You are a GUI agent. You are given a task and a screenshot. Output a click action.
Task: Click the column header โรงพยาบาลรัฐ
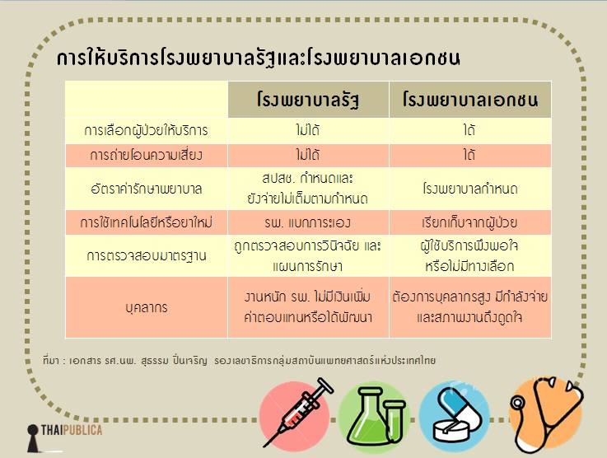[x=308, y=100]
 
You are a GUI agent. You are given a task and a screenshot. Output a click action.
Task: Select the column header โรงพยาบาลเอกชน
[x=470, y=100]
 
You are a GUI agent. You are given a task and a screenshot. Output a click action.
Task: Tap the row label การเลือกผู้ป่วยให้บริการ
[x=146, y=130]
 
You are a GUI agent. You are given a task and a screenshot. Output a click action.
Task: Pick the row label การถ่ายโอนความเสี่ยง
[x=146, y=155]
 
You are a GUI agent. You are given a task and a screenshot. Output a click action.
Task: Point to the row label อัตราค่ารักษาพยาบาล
[x=146, y=189]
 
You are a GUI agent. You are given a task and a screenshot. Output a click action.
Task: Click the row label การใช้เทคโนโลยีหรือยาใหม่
[x=146, y=222]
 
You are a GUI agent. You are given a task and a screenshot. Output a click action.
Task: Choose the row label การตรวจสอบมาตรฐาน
[x=146, y=256]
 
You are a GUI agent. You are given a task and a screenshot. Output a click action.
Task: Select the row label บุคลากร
[x=147, y=308]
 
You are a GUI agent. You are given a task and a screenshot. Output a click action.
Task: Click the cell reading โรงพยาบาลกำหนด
[x=470, y=189]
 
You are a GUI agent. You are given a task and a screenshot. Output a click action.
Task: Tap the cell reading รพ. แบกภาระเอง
[x=308, y=222]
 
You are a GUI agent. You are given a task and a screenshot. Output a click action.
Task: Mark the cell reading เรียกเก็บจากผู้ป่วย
[x=469, y=222]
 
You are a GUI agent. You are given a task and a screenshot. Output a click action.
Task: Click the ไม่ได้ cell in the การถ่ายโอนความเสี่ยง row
[x=308, y=155]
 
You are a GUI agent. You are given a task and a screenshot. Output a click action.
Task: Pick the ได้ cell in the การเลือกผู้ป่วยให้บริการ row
[x=469, y=130]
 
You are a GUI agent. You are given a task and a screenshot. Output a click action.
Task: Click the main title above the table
[x=259, y=58]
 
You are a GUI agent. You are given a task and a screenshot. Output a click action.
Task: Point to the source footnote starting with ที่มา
[x=239, y=361]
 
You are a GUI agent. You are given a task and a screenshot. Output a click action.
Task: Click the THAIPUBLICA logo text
[x=72, y=430]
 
